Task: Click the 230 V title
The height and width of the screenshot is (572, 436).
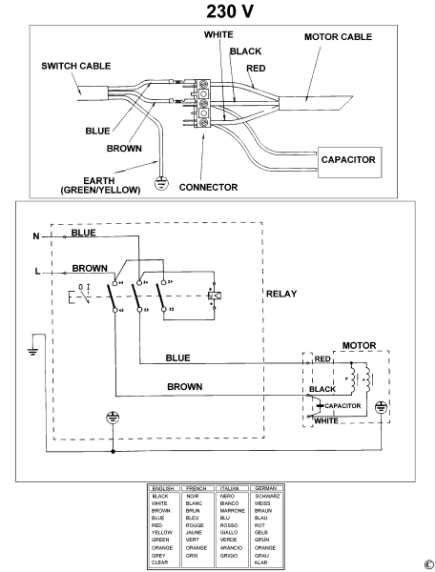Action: (x=230, y=11)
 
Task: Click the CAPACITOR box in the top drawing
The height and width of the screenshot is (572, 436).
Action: (x=349, y=162)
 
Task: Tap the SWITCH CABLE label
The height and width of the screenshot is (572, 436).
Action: (x=76, y=66)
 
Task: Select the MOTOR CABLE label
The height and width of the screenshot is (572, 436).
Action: (x=338, y=37)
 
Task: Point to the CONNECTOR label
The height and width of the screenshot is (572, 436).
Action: (x=208, y=188)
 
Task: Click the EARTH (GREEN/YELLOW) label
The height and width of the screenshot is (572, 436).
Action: (x=100, y=185)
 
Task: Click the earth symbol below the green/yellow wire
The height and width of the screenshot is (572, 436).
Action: (x=161, y=183)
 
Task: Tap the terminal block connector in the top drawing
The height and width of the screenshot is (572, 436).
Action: (x=202, y=104)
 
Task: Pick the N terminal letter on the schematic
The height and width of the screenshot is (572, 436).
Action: (x=36, y=236)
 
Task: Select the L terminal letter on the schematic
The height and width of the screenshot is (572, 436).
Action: (x=37, y=272)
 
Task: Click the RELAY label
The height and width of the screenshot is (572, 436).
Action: (x=281, y=294)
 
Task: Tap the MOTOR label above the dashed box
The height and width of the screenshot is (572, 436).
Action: (x=359, y=345)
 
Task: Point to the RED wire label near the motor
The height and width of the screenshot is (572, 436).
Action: (x=322, y=359)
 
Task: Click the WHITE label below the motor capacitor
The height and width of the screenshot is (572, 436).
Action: (x=326, y=421)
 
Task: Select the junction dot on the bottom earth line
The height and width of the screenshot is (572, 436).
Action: (x=113, y=452)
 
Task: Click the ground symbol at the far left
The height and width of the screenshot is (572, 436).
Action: (x=32, y=352)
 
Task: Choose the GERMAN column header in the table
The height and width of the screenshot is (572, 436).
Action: (x=265, y=488)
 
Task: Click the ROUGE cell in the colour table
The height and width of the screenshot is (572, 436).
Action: (x=195, y=525)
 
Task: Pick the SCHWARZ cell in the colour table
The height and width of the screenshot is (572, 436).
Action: (x=267, y=496)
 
